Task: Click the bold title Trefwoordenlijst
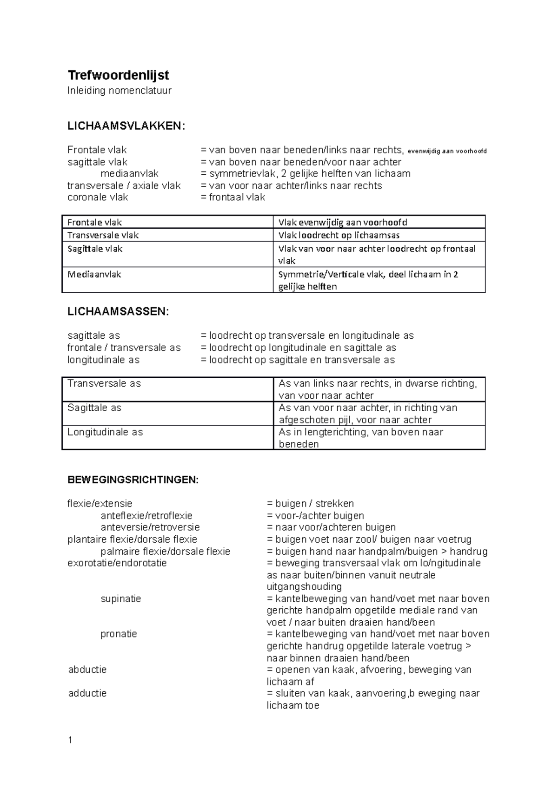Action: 118,75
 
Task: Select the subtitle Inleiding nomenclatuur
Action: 120,91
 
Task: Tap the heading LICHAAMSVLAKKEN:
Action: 126,126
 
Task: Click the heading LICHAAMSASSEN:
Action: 118,312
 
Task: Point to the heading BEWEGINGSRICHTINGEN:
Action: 133,480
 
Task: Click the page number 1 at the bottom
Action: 70,740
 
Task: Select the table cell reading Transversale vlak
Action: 103,235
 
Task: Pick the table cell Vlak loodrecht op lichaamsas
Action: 339,235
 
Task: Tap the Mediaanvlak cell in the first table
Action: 94,275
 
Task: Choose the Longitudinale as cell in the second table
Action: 105,432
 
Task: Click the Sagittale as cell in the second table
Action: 94,408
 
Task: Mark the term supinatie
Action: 120,598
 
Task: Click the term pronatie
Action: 119,634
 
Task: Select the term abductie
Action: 87,670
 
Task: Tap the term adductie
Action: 87,693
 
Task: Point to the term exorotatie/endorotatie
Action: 117,563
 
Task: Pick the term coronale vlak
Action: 98,197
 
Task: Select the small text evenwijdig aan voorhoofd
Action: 447,151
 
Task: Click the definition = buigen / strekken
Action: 310,504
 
